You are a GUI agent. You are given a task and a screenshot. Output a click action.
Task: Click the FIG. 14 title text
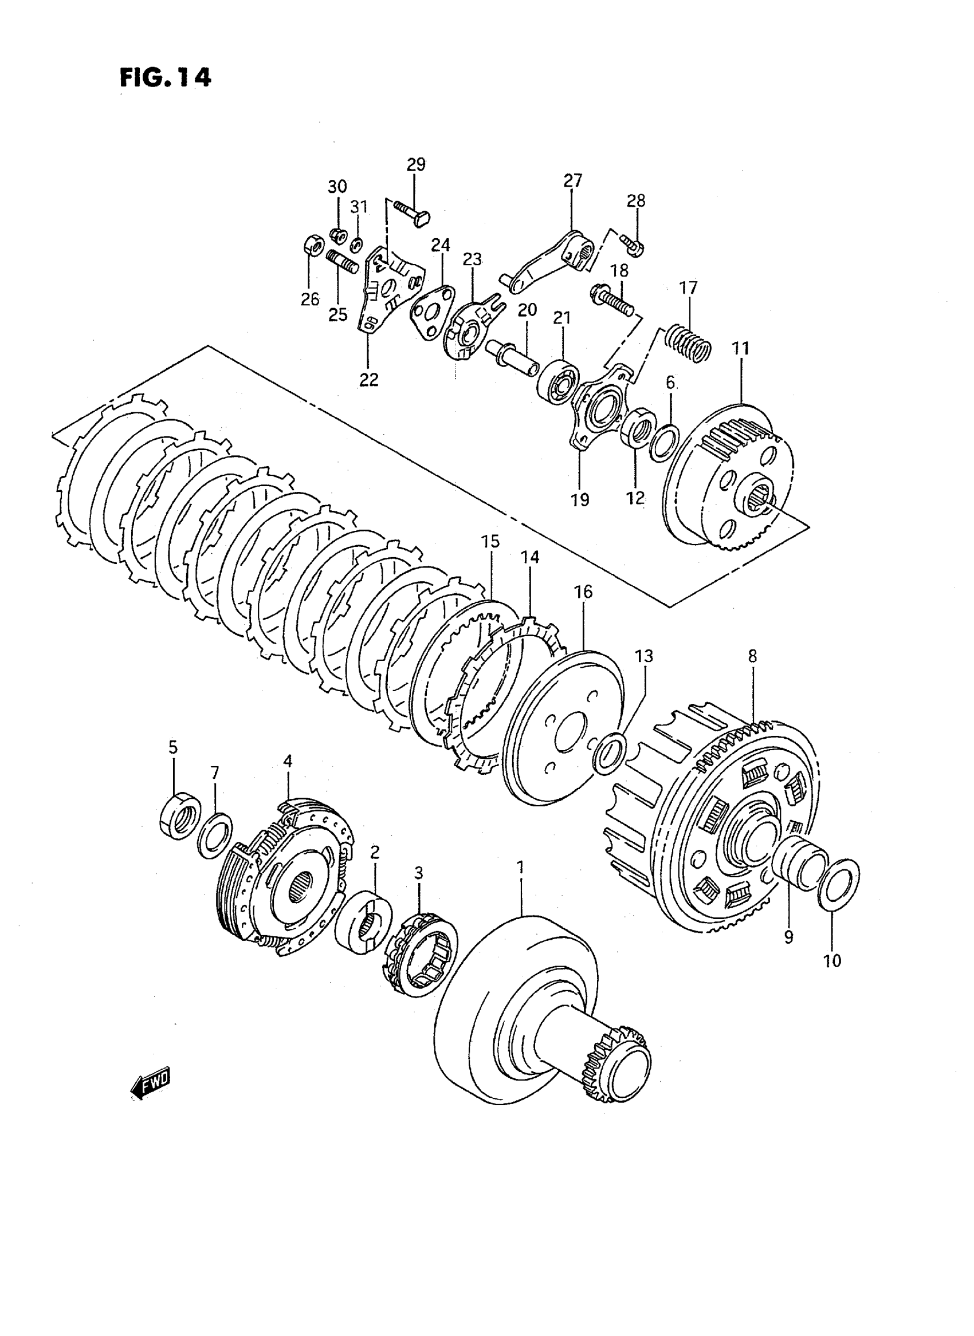tap(164, 77)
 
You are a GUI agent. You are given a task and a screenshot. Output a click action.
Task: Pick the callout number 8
tap(752, 656)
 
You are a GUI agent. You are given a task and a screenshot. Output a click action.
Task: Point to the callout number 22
tap(369, 380)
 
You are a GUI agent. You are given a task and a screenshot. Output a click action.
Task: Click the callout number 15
tap(490, 541)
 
